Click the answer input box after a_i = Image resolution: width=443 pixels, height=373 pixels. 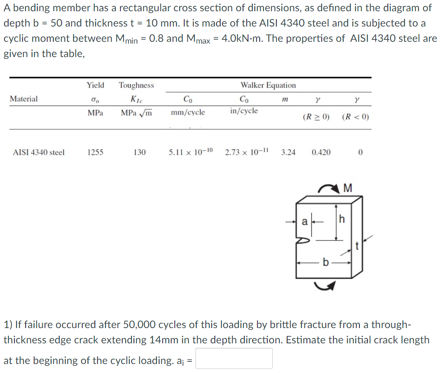tap(234, 359)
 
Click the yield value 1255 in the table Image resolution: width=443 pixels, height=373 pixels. tap(95, 152)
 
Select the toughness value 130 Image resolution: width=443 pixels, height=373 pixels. tap(140, 152)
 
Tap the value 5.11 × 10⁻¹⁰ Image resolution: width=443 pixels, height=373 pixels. tap(191, 152)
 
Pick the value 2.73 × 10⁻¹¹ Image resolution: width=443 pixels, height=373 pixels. tap(247, 152)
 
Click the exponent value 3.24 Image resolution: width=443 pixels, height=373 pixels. tap(288, 152)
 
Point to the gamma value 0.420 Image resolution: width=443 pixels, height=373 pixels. tap(321, 152)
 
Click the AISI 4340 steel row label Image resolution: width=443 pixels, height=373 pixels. tap(39, 152)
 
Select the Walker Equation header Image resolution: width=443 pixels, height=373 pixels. tap(268, 85)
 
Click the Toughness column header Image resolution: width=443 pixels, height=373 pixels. tap(136, 85)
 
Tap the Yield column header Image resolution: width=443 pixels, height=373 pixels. tap(95, 85)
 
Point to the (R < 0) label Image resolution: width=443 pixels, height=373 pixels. tap(355, 117)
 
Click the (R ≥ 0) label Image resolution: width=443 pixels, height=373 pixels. tap(316, 117)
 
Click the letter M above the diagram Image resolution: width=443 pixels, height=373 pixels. tap(347, 187)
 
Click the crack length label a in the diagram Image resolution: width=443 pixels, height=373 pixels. tap(305, 221)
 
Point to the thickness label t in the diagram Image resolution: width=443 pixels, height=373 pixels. tap(357, 246)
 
